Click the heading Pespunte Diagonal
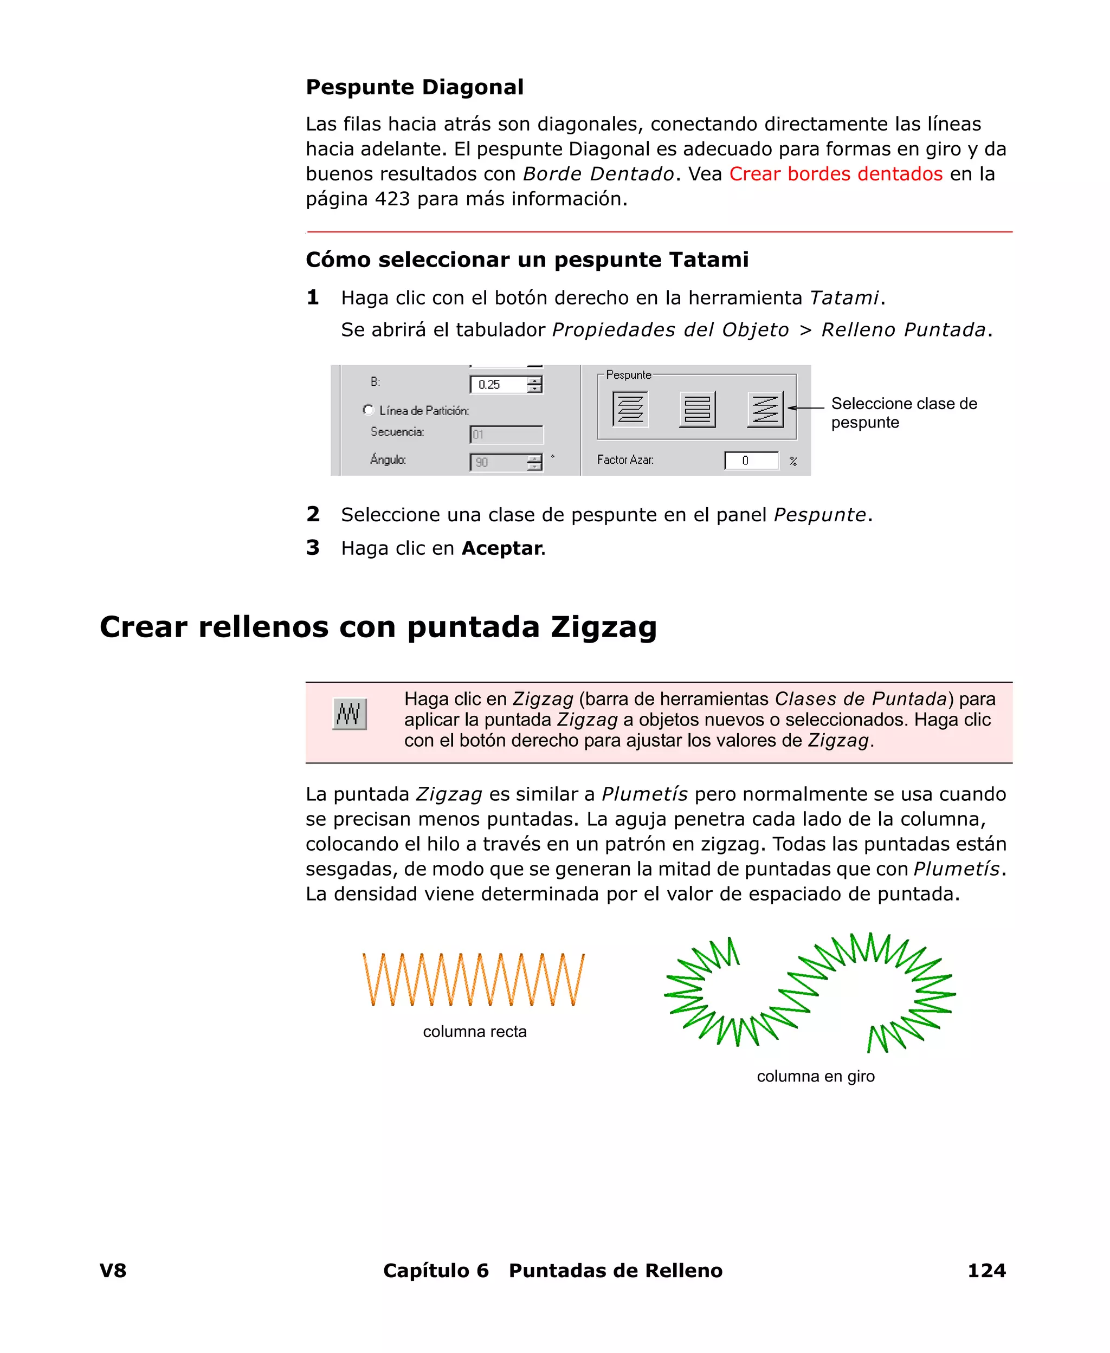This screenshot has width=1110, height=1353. [x=414, y=87]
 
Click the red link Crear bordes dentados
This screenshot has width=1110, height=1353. [x=835, y=174]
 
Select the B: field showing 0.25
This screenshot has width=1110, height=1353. [x=499, y=384]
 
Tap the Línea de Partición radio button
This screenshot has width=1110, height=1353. [x=369, y=410]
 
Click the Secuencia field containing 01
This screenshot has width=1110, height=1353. [x=506, y=435]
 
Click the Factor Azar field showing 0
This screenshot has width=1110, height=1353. [x=751, y=460]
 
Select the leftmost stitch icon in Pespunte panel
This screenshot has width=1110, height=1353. [x=630, y=409]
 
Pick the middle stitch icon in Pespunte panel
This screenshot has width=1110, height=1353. [x=697, y=409]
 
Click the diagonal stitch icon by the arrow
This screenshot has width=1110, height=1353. [x=765, y=409]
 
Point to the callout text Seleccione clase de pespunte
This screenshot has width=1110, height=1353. [x=903, y=413]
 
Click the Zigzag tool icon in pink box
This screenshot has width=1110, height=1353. [x=349, y=714]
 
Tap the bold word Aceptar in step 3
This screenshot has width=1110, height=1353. [x=501, y=548]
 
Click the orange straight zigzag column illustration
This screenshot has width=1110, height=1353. [x=473, y=980]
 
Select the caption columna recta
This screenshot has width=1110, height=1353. [x=474, y=1032]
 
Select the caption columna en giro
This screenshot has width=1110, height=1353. [x=815, y=1076]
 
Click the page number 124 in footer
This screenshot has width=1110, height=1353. [x=986, y=1271]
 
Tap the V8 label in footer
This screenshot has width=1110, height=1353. [x=113, y=1271]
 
